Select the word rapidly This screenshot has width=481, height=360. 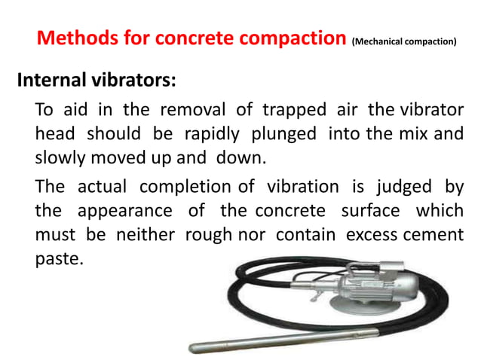[x=207, y=135]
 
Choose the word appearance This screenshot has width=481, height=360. [x=143, y=210]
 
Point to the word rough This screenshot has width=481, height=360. [x=206, y=234]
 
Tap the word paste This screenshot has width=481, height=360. [x=59, y=258]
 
